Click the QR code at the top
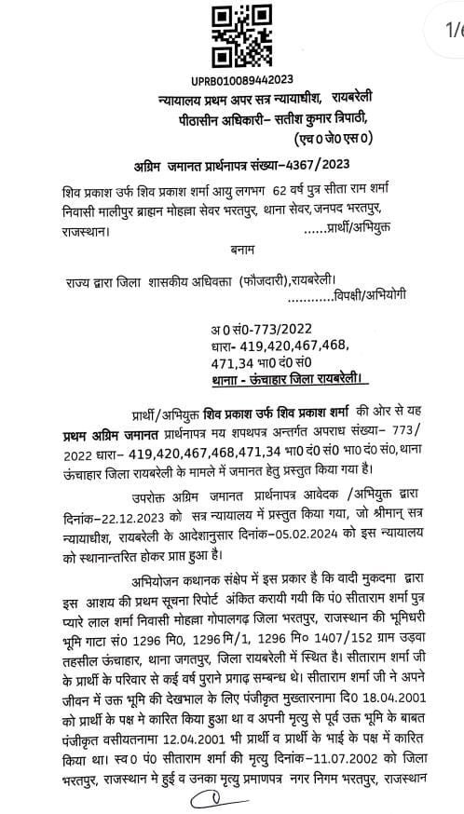pyautogui.click(x=226, y=37)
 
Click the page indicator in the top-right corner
pyautogui.click(x=453, y=31)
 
